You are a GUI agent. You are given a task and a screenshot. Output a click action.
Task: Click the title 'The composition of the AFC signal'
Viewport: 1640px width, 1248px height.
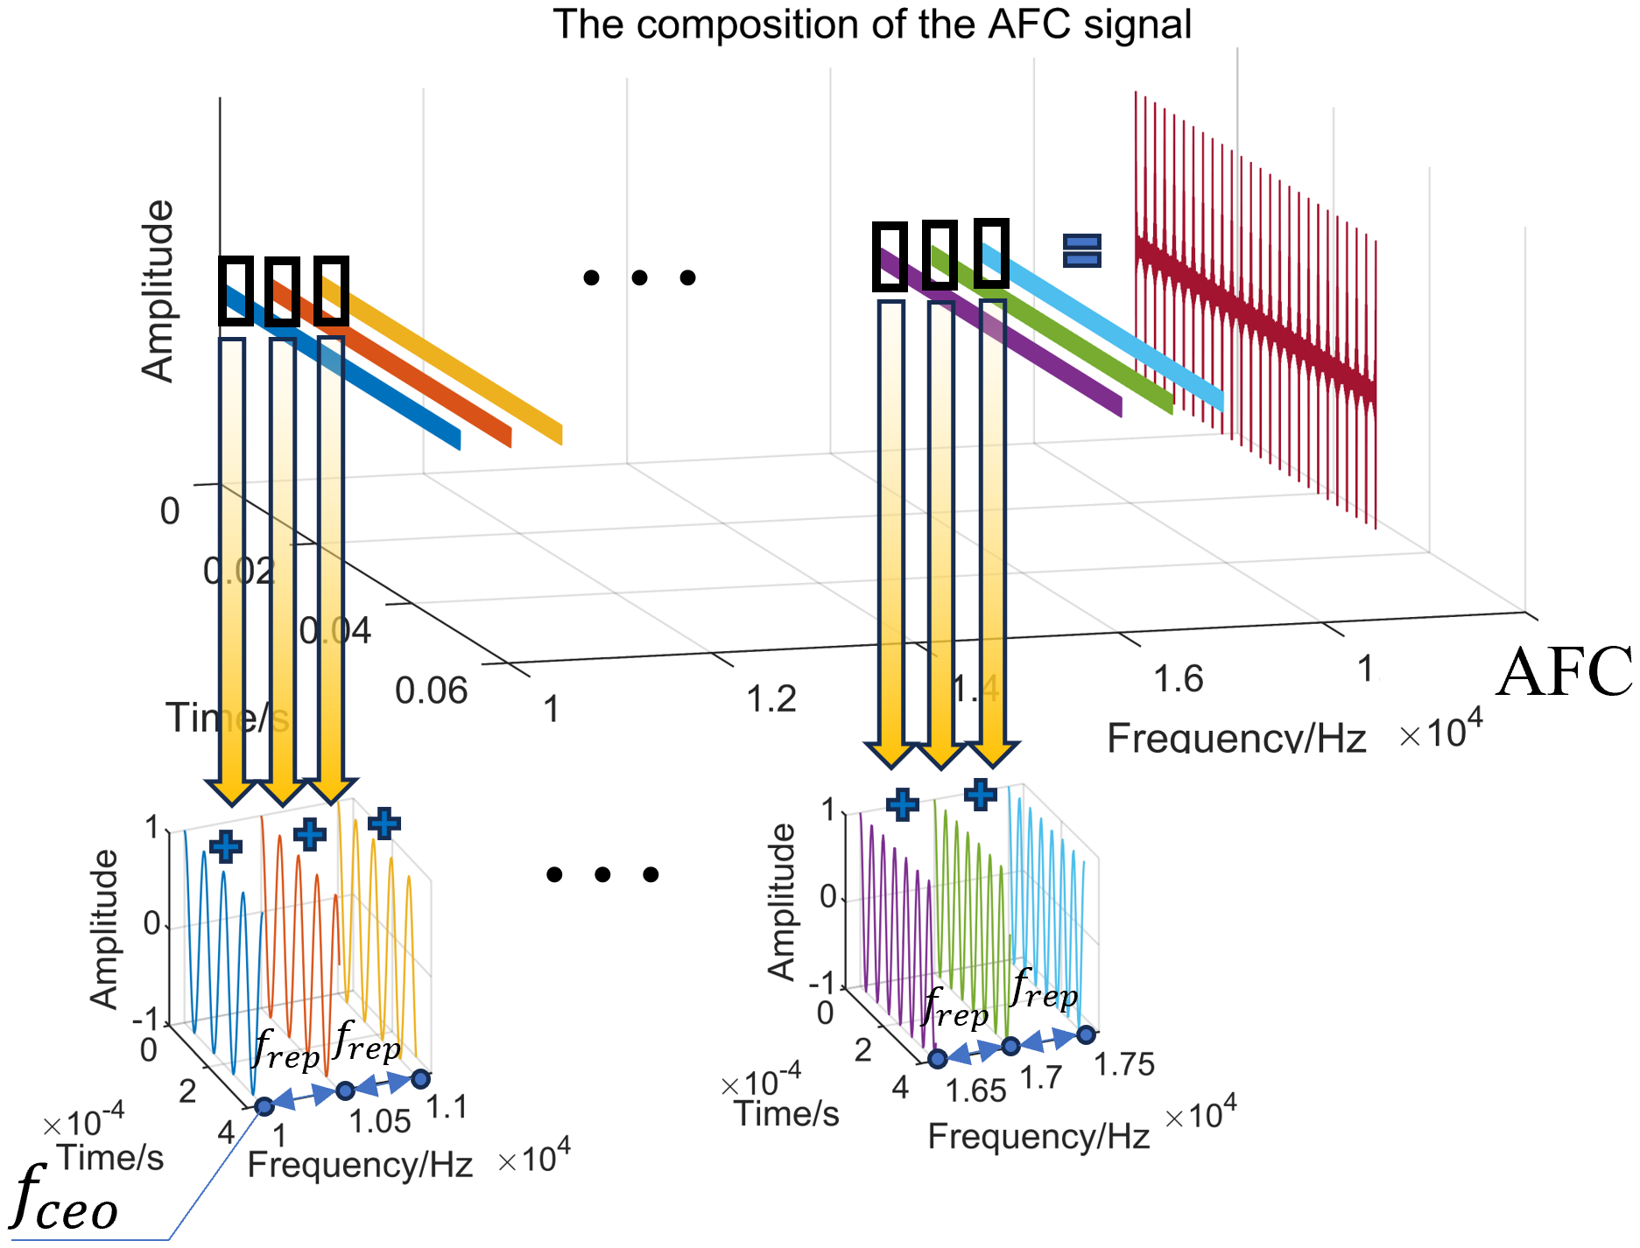tap(871, 25)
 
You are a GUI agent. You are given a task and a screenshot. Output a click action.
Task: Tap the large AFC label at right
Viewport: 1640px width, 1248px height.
tap(1564, 672)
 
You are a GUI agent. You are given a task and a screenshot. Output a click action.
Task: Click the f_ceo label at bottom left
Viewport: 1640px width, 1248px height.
tap(66, 1199)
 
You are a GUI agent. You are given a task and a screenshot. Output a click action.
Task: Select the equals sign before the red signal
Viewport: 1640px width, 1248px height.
tap(1081, 250)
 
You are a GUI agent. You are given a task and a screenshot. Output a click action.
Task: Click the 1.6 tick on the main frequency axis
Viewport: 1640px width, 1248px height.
tap(1178, 679)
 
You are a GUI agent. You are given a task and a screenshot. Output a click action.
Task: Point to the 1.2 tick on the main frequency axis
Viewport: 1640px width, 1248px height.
tap(771, 699)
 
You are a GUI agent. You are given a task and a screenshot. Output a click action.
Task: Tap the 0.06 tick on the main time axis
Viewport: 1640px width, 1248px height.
tap(431, 691)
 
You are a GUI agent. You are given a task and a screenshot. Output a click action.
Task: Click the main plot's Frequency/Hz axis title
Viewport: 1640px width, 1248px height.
tap(1235, 738)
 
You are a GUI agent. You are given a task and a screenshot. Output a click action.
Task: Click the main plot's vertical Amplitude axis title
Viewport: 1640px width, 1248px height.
tap(158, 291)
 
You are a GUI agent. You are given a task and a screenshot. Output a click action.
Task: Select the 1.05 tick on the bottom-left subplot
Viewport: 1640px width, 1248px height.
tap(379, 1121)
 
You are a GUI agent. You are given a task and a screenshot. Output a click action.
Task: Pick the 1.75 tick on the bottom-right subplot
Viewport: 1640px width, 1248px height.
tap(1124, 1064)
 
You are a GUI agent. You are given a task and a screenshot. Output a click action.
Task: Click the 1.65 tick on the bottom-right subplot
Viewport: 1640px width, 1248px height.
tap(975, 1090)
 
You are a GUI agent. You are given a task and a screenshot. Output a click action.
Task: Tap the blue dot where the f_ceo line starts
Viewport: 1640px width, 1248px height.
tap(264, 1107)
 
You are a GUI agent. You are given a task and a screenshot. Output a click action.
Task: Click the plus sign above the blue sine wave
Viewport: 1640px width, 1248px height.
tap(226, 846)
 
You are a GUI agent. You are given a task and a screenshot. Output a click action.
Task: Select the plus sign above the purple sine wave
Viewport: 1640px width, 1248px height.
tap(902, 803)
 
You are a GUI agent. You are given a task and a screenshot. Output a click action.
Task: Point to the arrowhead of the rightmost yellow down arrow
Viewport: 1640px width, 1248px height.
tap(992, 754)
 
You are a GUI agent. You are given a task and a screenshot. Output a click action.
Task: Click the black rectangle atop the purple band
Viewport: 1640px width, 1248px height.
tap(890, 256)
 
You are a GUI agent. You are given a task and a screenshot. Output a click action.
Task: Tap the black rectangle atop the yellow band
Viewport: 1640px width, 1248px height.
tap(332, 291)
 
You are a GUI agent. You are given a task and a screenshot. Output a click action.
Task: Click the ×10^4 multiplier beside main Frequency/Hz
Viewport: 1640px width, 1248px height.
tap(1440, 732)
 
